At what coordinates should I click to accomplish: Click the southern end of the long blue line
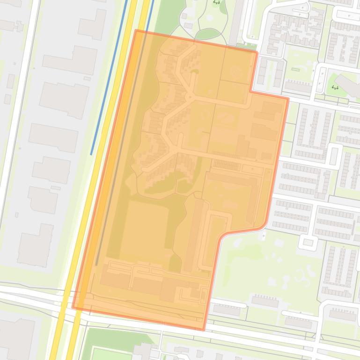[x=92, y=154]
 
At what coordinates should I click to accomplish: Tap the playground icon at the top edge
[x=216, y=2]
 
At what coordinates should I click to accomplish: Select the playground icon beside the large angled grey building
[x=335, y=87]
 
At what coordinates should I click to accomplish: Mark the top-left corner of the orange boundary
[x=136, y=30]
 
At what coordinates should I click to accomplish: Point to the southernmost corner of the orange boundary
[x=204, y=330]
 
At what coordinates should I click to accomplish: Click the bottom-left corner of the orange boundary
[x=73, y=307]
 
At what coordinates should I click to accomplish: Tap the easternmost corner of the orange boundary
[x=288, y=98]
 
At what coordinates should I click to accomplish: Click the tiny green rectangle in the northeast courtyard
[x=295, y=70]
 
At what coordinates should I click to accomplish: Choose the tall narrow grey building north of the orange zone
[x=236, y=21]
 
